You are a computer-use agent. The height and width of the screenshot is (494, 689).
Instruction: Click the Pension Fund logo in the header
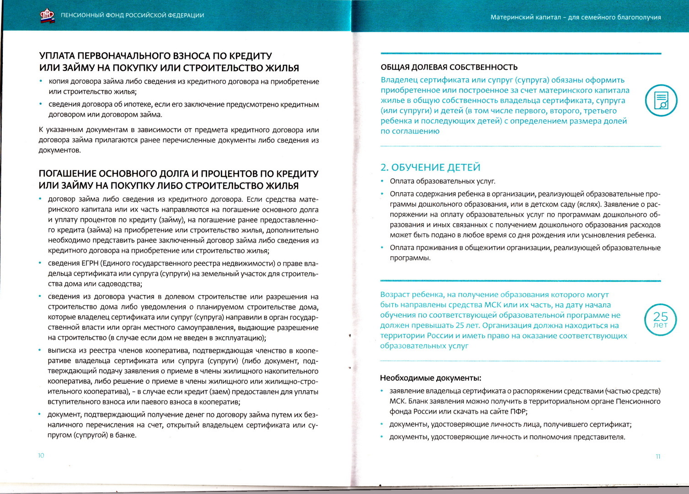coord(47,16)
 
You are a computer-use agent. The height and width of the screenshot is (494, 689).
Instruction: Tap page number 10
coord(41,455)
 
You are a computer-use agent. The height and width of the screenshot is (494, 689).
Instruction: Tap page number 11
coord(658,456)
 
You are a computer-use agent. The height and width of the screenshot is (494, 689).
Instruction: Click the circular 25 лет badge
coord(660,319)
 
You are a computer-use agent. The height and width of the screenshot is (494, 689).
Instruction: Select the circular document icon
coord(661,100)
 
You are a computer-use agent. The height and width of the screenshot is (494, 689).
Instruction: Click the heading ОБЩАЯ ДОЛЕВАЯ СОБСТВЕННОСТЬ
coord(449,68)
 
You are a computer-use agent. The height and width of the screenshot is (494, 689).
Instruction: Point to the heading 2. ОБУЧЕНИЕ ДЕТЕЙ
coord(430,167)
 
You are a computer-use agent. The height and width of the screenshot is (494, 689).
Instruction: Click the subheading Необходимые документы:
coord(430,378)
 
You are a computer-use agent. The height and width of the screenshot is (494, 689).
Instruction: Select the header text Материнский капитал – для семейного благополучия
coord(575,17)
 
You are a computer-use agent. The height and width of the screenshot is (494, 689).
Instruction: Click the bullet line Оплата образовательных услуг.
coord(442,181)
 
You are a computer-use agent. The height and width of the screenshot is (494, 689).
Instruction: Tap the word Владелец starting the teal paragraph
coord(399,80)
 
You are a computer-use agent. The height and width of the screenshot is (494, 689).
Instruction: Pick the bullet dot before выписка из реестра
coord(40,350)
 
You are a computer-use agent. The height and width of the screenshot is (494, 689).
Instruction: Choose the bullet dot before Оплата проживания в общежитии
coord(382,247)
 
